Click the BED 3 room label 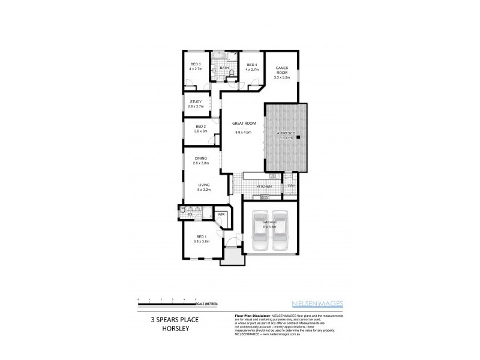click(196, 64)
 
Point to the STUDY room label click(196, 101)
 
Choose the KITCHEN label click(265, 187)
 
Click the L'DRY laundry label click(290, 187)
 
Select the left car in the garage click(260, 232)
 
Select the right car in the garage click(280, 232)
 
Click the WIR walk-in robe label click(221, 214)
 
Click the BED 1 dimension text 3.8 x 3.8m click(202, 241)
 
